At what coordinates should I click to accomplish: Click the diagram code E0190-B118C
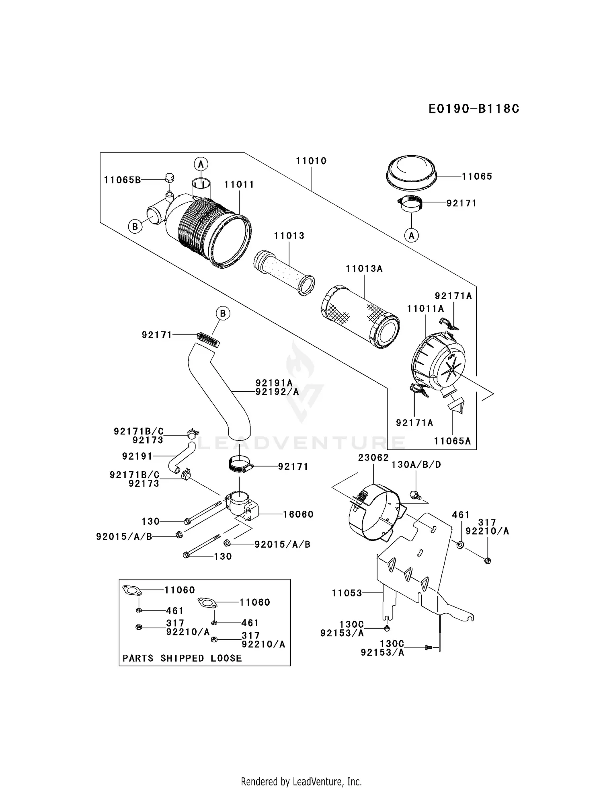coord(474,109)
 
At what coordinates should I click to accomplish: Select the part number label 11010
coord(311,161)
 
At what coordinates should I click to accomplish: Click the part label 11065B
coord(122,180)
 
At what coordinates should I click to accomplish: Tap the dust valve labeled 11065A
coord(455,404)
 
